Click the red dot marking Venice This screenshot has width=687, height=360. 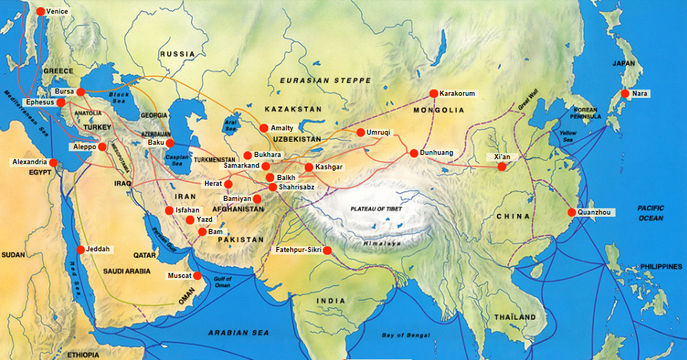point(40,12)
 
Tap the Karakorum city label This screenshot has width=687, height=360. point(457,94)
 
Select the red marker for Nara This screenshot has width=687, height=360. point(624,94)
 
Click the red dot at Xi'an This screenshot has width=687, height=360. point(502,166)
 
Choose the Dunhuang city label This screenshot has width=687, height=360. point(439,153)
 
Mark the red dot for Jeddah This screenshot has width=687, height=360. point(80,250)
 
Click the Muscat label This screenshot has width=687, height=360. point(179,276)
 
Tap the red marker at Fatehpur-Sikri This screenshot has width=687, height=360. point(328,251)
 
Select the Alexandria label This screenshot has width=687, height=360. point(30,163)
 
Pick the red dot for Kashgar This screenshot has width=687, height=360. point(309,167)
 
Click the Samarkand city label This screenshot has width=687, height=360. point(241,166)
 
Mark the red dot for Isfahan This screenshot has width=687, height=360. point(169,210)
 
